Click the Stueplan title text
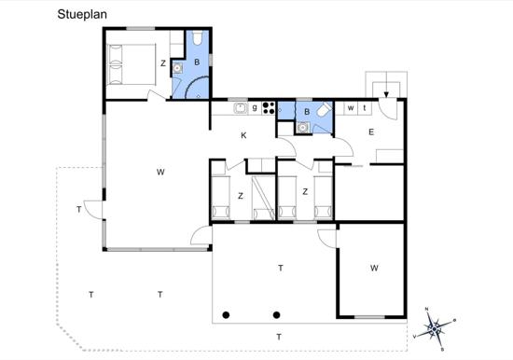pyautogui.click(x=82, y=15)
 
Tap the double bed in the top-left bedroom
pyautogui.click(x=132, y=64)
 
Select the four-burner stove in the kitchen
pyautogui.click(x=269, y=108)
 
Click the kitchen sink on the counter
pyautogui.click(x=241, y=108)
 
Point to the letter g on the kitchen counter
pyautogui.click(x=255, y=107)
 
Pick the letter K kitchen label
pyautogui.click(x=243, y=135)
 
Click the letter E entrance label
pyautogui.click(x=371, y=132)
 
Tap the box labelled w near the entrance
pyautogui.click(x=351, y=108)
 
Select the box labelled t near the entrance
pyautogui.click(x=365, y=108)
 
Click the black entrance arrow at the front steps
pyautogui.click(x=386, y=94)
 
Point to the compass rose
pyautogui.click(x=434, y=328)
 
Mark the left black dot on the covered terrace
pyautogui.click(x=226, y=315)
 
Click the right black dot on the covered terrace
pyautogui.click(x=276, y=315)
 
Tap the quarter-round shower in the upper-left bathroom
pyautogui.click(x=195, y=87)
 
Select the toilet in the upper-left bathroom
pyautogui.click(x=198, y=38)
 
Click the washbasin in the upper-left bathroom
pyautogui.click(x=177, y=68)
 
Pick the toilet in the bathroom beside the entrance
pyautogui.click(x=324, y=110)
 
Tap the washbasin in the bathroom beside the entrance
pyautogui.click(x=303, y=128)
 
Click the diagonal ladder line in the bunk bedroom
pyautogui.click(x=263, y=199)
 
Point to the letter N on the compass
pyautogui.click(x=426, y=309)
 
